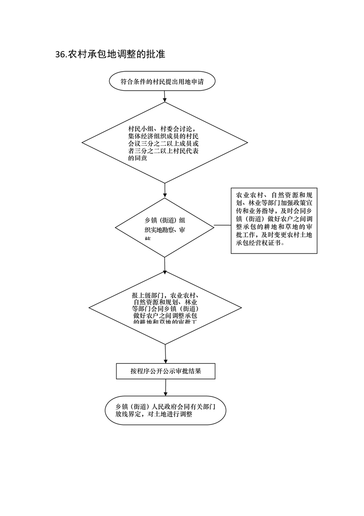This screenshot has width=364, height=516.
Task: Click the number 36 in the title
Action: pyautogui.click(x=60, y=55)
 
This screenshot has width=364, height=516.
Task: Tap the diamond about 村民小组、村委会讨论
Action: pyautogui.click(x=165, y=143)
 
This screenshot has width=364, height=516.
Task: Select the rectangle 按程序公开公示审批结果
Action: pyautogui.click(x=165, y=371)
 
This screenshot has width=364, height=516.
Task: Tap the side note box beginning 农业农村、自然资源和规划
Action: pyautogui.click(x=274, y=220)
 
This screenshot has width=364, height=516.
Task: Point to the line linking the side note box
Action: pyautogui.click(x=222, y=225)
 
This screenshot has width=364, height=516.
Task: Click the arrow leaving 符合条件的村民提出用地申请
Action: pyautogui.click(x=165, y=96)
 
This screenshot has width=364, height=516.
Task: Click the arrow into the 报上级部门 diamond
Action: pyautogui.click(x=165, y=264)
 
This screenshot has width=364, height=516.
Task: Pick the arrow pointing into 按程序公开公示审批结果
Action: pyautogui.click(x=165, y=354)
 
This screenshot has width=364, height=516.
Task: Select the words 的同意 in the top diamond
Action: pyautogui.click(x=138, y=158)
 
